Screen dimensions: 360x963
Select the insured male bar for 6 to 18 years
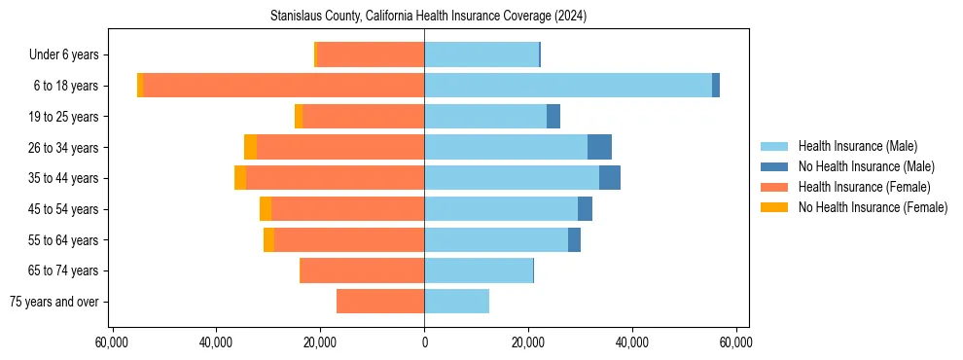coord(568,86)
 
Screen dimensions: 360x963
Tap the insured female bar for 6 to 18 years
coord(283,86)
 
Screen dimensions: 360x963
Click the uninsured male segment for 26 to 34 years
coord(599,147)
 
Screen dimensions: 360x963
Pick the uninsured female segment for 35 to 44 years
coord(240,178)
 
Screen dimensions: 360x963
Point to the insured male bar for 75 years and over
coord(456,302)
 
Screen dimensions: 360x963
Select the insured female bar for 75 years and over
coord(380,302)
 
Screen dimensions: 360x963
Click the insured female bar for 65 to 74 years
coord(362,270)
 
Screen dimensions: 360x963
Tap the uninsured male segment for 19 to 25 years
coord(553,117)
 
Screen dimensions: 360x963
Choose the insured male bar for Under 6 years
coord(481,54)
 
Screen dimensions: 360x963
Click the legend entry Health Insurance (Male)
coord(857,146)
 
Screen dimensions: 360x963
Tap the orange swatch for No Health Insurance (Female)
coord(774,207)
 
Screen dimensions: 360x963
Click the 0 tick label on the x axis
coord(424,343)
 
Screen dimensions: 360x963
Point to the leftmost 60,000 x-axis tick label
coord(112,343)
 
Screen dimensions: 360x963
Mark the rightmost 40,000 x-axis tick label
coord(632,343)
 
